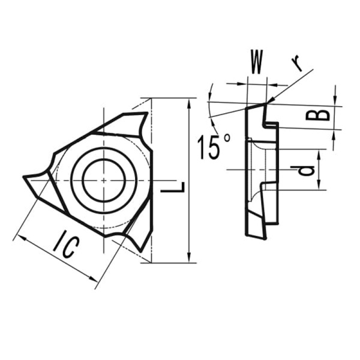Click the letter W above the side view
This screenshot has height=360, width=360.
[256, 62]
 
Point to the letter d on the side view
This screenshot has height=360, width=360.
[306, 170]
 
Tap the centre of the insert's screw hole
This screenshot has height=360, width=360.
[103, 180]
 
